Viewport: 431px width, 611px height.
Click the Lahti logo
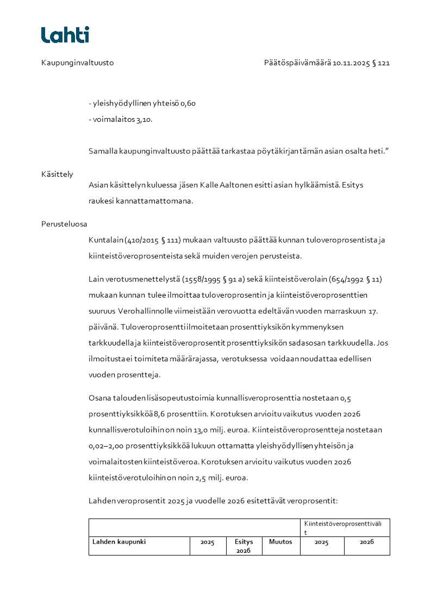(x=65, y=35)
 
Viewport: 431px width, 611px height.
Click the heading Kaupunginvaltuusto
(x=77, y=63)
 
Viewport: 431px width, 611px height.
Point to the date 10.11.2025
(x=351, y=63)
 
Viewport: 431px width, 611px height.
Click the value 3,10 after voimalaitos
(x=144, y=120)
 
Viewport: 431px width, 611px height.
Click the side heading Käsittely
(x=57, y=174)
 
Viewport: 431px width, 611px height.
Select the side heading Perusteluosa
(x=64, y=224)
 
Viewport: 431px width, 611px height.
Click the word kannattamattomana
(x=162, y=201)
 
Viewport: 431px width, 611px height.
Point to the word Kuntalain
(x=106, y=240)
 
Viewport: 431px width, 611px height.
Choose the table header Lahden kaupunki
(x=119, y=542)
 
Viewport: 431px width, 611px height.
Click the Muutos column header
(x=280, y=542)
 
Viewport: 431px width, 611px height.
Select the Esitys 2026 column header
(x=244, y=546)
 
